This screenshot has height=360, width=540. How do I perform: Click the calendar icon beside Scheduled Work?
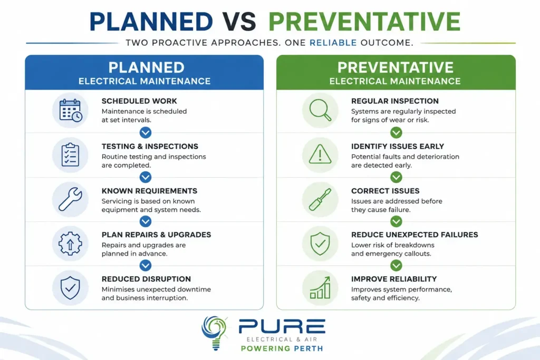(x=71, y=110)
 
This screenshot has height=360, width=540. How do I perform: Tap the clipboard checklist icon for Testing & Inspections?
(x=70, y=154)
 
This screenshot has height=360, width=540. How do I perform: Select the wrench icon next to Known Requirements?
(x=70, y=199)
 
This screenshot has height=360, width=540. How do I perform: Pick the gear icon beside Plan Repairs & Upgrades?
(x=70, y=244)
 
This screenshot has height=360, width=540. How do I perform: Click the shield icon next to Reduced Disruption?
(x=70, y=288)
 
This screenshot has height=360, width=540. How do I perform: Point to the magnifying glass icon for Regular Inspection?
(x=320, y=110)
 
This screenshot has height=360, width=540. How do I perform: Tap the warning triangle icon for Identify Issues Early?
(x=320, y=154)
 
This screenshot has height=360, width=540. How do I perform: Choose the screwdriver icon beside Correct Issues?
(x=320, y=199)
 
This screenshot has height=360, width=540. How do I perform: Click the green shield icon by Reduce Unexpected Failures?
(x=320, y=244)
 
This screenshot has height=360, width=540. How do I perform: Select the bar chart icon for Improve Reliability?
(x=320, y=288)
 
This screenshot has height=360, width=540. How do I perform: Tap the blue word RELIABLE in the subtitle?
(x=333, y=43)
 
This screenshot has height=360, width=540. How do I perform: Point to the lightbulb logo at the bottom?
(x=215, y=333)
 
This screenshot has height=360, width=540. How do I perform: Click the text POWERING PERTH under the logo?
(x=282, y=348)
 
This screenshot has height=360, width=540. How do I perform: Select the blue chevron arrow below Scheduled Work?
(x=146, y=132)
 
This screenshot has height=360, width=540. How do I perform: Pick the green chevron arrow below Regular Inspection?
(x=396, y=132)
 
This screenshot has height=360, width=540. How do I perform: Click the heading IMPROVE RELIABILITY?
(x=394, y=279)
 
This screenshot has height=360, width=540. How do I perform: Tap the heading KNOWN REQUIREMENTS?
(x=149, y=191)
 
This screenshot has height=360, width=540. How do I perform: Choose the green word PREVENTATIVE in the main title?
(x=364, y=21)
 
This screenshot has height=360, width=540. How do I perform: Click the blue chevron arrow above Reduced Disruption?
(x=146, y=265)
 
